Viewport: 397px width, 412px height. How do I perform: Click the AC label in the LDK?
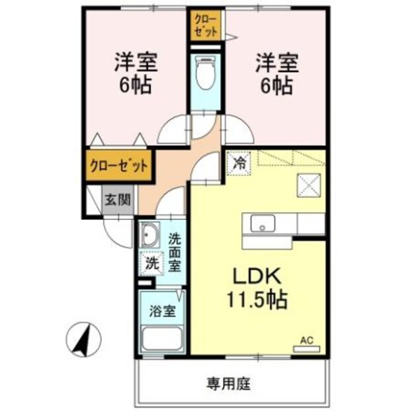tap(306, 340)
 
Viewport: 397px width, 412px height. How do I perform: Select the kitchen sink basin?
tap(263, 223)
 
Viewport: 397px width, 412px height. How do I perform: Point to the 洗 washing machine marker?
tap(152, 262)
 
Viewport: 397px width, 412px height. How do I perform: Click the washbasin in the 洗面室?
tap(150, 235)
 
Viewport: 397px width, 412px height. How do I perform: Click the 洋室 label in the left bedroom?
tap(136, 63)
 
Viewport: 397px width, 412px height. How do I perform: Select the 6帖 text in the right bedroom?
tap(278, 85)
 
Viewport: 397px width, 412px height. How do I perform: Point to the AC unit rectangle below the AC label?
tap(307, 348)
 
